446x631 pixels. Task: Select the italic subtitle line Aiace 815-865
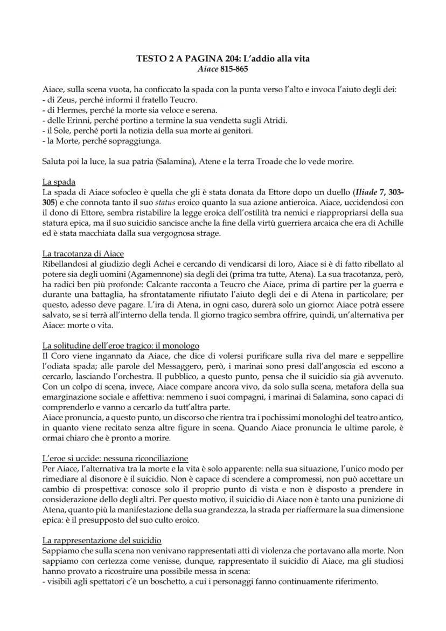[x=222, y=69]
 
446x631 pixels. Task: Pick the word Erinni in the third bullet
[x=79, y=120]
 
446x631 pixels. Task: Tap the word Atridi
[x=274, y=120]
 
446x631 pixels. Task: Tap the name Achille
[x=387, y=223]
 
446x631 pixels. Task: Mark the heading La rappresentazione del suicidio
[x=101, y=540]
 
